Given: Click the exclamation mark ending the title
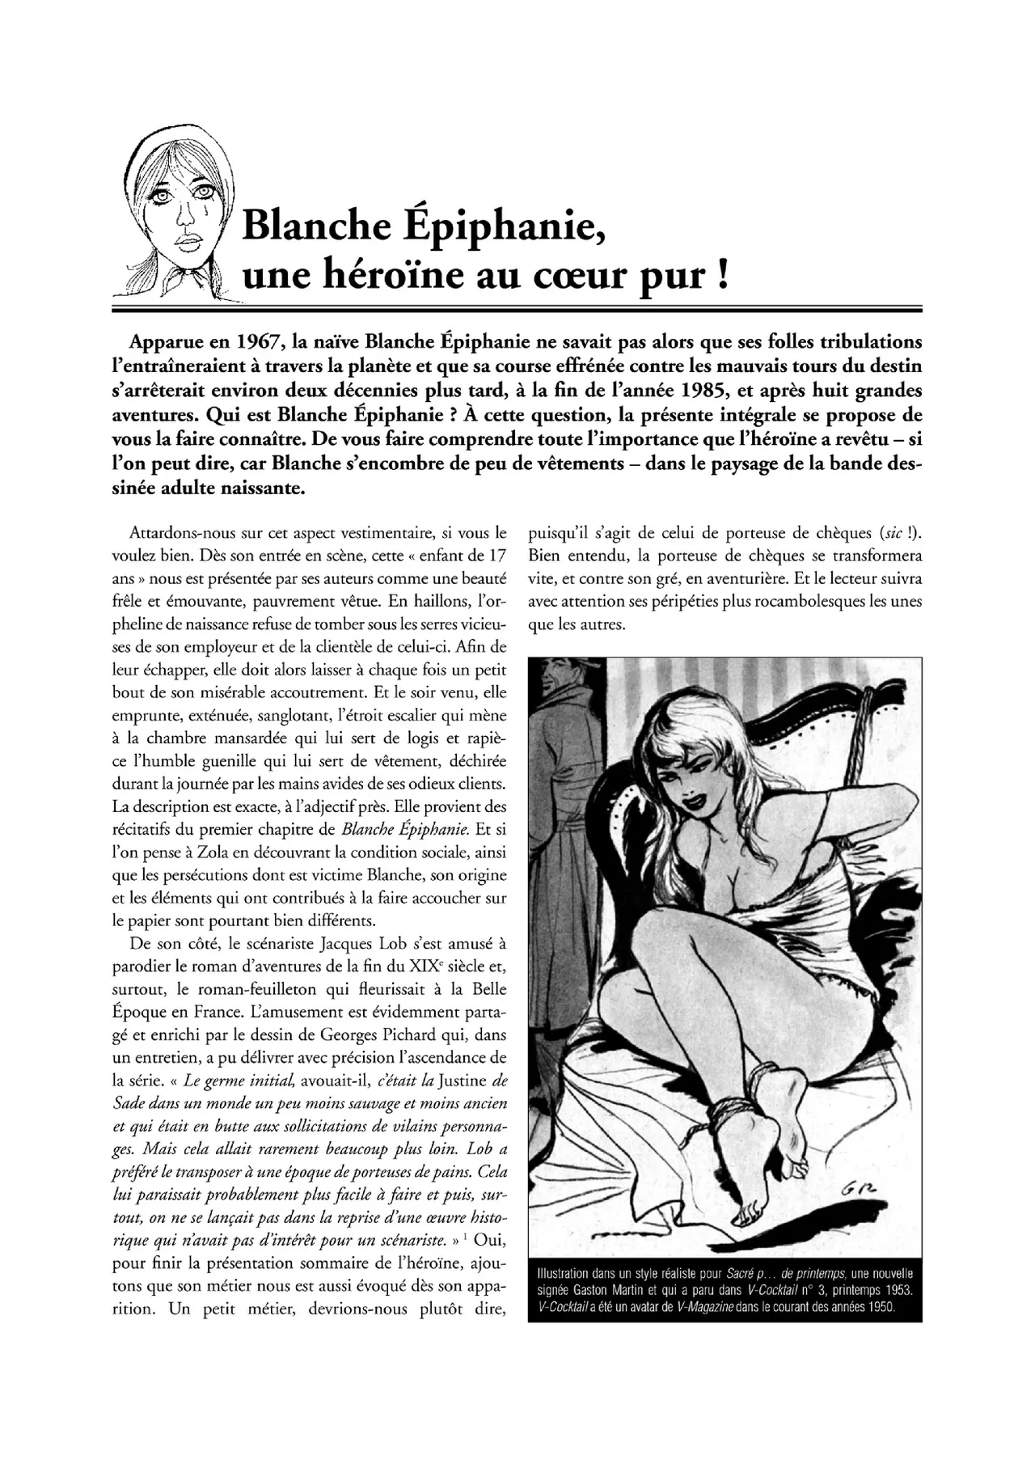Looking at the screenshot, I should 721,275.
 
